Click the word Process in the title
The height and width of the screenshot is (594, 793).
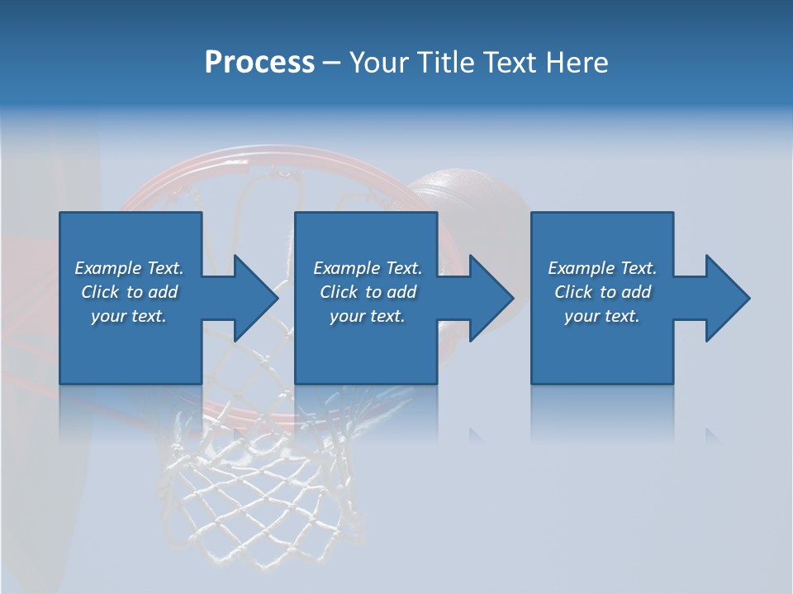(259, 63)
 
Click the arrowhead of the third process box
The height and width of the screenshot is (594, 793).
(726, 298)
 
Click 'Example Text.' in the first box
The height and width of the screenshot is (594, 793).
(129, 268)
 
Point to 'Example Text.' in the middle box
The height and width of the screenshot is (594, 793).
(367, 268)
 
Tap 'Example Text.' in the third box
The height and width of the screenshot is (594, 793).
(602, 268)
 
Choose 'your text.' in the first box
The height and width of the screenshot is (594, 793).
(129, 316)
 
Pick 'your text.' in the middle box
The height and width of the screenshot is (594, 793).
(367, 316)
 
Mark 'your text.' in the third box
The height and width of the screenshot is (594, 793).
(602, 316)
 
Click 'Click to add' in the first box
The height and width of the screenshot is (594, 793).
(129, 292)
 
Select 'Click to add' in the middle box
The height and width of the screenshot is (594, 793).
(367, 292)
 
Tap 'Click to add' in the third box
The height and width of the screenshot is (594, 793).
(602, 292)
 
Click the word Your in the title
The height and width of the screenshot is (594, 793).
(377, 63)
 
